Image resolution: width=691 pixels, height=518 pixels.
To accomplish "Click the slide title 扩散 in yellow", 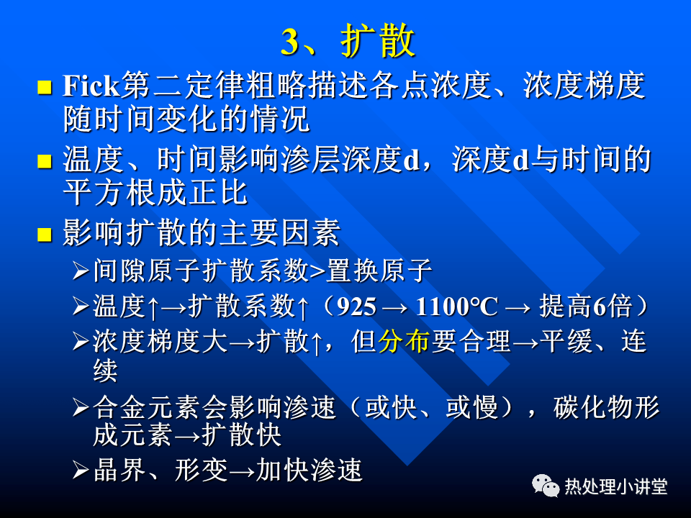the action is [378, 41].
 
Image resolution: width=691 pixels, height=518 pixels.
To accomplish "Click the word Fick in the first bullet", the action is [91, 85].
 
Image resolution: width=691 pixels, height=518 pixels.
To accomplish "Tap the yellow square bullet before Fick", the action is [45, 87].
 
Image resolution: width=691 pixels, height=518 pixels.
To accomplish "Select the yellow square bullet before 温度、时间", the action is [45, 161].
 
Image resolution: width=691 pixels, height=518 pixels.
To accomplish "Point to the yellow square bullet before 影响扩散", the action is [45, 235].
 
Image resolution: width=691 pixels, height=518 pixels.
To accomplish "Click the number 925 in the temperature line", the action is [356, 307].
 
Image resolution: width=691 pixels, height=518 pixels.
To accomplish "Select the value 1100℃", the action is [456, 307].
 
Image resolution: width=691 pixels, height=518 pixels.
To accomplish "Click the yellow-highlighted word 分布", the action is [404, 341].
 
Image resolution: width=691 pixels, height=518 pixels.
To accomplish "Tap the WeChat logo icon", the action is [546, 486].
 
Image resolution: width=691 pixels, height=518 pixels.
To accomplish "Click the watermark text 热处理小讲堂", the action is [616, 487].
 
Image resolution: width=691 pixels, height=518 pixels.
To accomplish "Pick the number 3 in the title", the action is [290, 42].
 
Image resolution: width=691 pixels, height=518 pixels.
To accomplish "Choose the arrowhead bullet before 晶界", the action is [81, 470].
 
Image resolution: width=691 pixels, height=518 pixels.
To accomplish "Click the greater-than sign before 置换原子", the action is [317, 271].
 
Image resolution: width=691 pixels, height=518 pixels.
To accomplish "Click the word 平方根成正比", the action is [155, 193].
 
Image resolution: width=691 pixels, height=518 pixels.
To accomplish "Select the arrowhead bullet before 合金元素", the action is [81, 408].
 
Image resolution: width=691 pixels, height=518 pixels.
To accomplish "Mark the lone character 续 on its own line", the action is [105, 371].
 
